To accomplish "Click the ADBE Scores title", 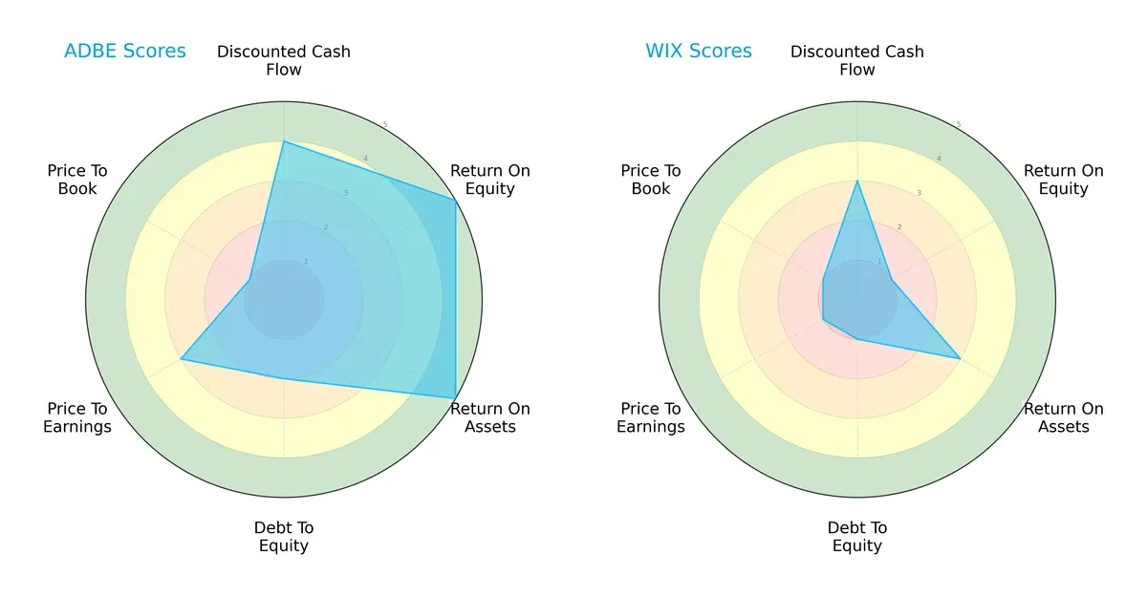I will (x=125, y=52).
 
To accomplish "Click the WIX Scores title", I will (x=699, y=52).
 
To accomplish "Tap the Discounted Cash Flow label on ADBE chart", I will (x=284, y=60).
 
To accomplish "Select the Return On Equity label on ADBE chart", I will (x=490, y=180).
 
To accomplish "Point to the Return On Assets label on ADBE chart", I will (x=490, y=417).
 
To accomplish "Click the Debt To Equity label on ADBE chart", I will (x=284, y=537).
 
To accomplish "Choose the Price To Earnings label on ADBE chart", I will (x=77, y=417).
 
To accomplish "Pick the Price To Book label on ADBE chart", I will (x=77, y=180).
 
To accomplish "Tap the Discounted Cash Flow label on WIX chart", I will (x=857, y=60).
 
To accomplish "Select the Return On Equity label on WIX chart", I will (x=1064, y=180).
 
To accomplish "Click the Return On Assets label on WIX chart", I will (x=1064, y=417).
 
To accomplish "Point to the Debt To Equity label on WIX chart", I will (x=857, y=537).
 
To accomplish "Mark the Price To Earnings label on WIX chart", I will (x=651, y=417).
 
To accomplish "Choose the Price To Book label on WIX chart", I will (x=651, y=180).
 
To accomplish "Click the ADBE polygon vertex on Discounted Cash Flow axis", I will (x=284, y=141).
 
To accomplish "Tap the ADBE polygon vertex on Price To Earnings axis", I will (x=182, y=359).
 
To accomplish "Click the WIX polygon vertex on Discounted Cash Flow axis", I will (x=857, y=181).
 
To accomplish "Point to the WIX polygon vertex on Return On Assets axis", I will (x=960, y=358).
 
